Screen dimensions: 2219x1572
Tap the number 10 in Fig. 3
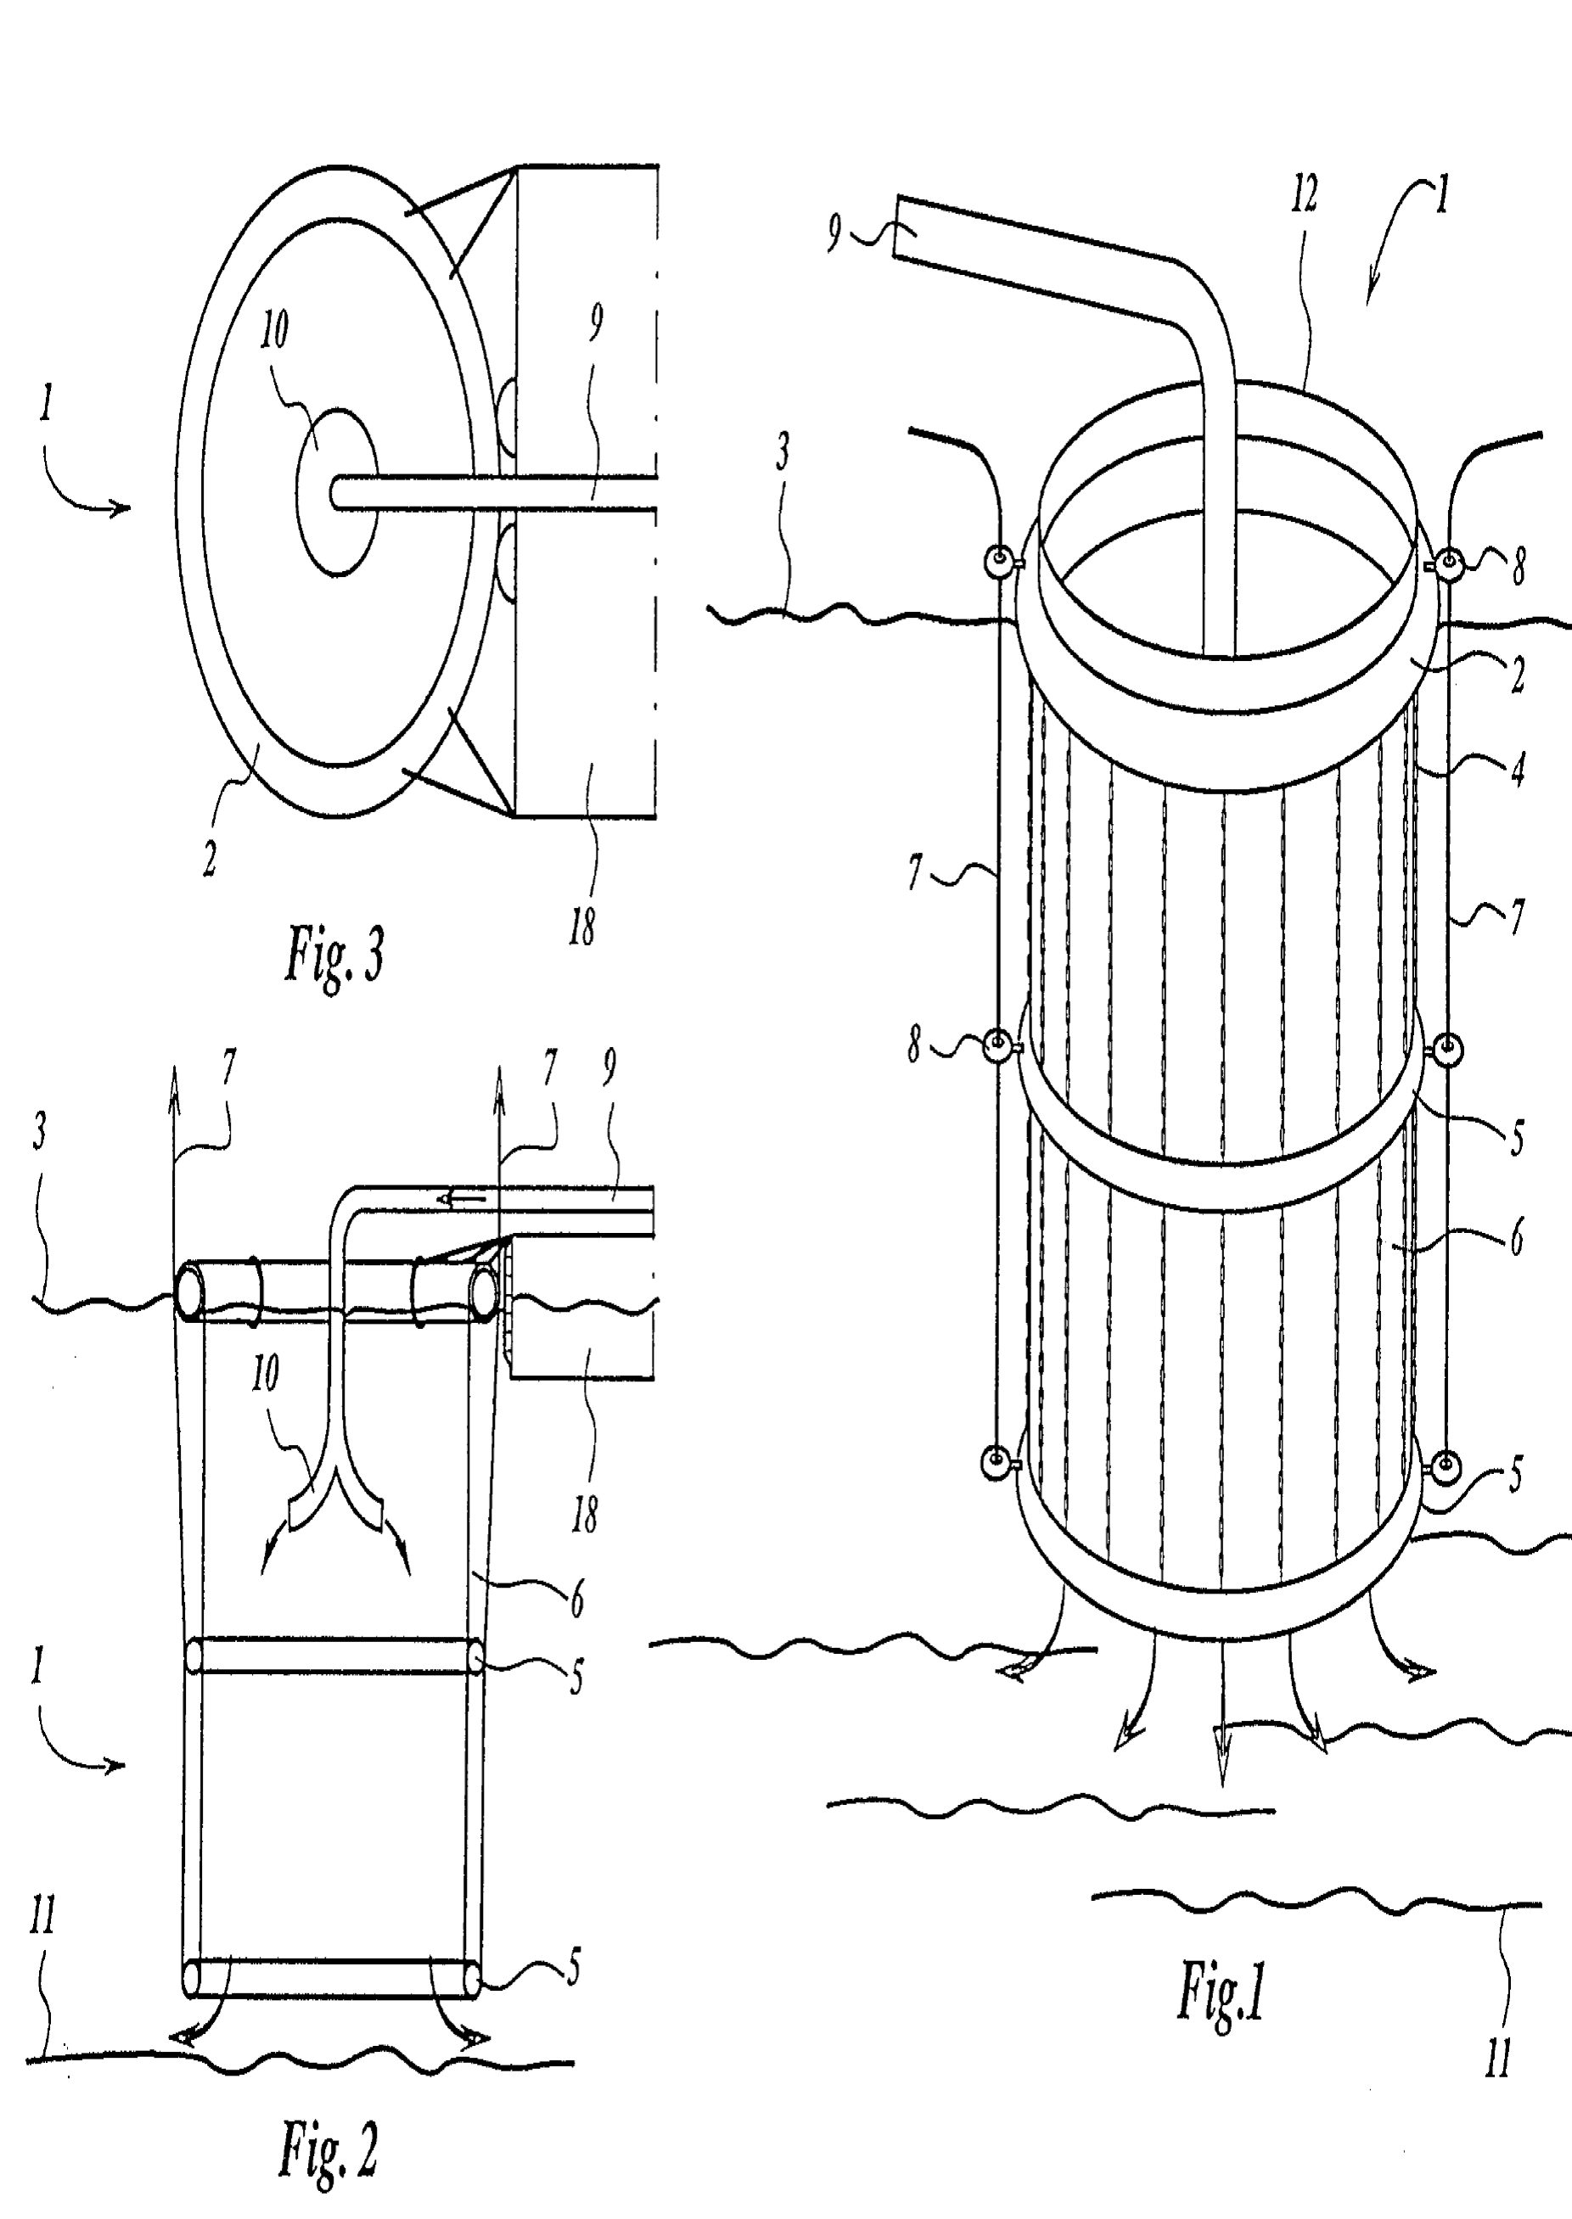[274, 330]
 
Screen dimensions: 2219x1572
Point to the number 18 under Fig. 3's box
[581, 927]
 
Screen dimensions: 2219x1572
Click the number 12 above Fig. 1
[1304, 193]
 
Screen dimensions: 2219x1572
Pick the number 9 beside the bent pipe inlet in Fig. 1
[834, 233]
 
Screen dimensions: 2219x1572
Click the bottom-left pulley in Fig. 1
[996, 1462]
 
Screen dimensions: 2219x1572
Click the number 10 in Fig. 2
[265, 1372]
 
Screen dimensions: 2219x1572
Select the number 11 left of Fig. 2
[42, 1914]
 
